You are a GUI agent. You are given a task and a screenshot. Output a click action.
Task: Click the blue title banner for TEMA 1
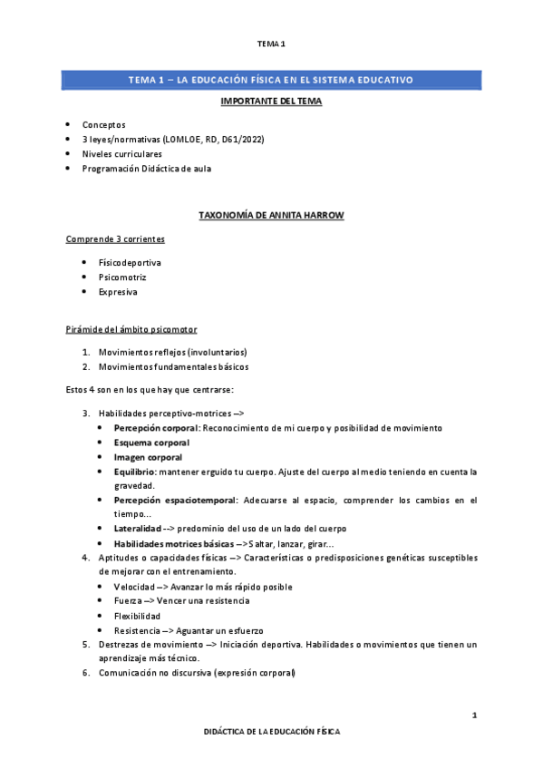point(271,80)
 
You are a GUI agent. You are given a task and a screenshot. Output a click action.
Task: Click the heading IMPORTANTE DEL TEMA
point(271,101)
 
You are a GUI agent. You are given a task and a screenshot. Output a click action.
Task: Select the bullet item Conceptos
point(104,124)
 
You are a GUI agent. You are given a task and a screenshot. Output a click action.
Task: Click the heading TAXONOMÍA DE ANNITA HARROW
point(271,215)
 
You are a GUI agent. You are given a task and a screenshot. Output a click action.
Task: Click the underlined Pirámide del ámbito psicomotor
point(131,328)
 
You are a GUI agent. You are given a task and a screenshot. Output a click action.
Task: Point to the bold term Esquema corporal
point(151,443)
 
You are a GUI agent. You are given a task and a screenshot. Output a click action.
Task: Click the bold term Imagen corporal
point(148,457)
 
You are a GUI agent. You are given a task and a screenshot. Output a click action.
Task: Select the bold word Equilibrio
point(135,472)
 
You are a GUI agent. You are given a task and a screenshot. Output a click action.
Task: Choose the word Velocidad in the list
point(135,587)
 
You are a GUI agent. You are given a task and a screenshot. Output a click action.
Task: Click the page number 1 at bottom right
point(474,716)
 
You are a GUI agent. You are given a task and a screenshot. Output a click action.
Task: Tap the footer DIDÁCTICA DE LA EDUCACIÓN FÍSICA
point(271,730)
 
